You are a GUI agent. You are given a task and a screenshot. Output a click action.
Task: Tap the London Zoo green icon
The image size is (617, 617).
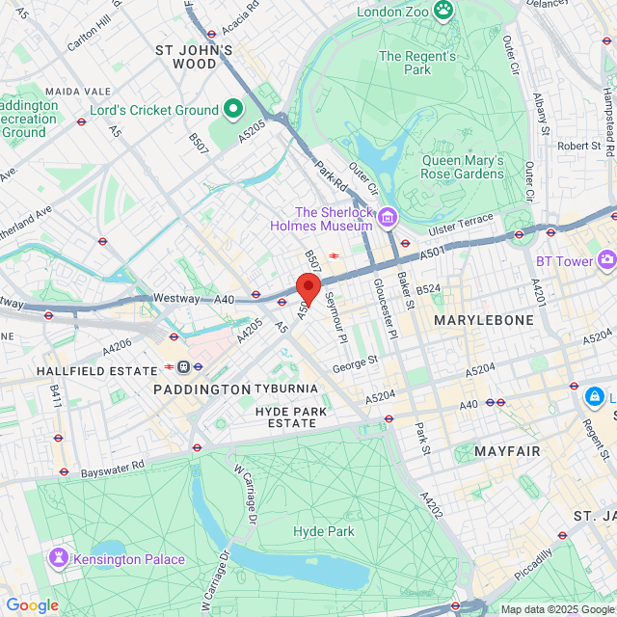pos(443,12)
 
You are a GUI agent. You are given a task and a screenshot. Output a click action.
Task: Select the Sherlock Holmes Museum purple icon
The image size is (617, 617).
pos(388,220)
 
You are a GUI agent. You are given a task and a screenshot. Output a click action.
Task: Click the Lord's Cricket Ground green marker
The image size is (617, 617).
pos(233,110)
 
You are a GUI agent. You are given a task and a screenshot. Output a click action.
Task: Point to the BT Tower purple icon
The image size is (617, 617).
pos(606,260)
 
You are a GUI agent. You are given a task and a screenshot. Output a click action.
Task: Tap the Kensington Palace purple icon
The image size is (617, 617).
pos(60,557)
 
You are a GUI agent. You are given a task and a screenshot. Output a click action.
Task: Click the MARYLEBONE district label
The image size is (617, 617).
pos(483,319)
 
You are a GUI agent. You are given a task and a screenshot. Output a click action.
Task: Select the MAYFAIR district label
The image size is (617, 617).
pos(507,450)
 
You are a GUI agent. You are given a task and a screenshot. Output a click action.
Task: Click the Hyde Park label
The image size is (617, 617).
pos(324,531)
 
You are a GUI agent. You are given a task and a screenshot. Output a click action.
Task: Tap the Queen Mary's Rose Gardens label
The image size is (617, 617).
pos(464,167)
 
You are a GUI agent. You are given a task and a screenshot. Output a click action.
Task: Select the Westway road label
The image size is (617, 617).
pos(175,299)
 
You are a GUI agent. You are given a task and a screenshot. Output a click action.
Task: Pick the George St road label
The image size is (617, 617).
pos(355,363)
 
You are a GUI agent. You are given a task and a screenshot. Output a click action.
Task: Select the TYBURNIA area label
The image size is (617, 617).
pos(286,389)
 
